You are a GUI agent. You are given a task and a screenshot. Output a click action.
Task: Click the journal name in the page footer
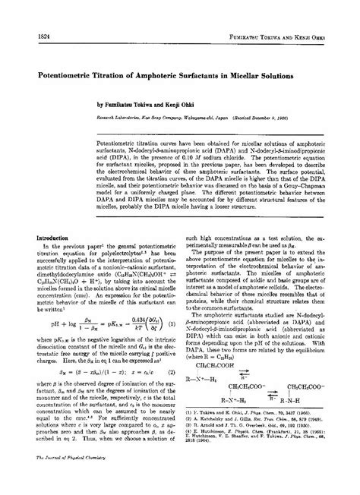coord(66,480)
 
